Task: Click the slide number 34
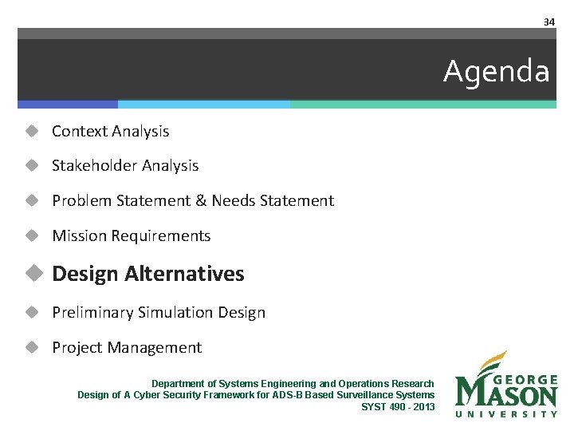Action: pos(548,22)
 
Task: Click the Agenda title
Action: pos(496,72)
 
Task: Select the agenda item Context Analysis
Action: pos(110,131)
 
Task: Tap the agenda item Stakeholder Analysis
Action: pos(125,166)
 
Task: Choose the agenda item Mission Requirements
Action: pos(131,236)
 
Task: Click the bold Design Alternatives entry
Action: pos(147,274)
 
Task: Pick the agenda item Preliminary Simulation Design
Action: pos(158,313)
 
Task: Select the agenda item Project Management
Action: pos(126,348)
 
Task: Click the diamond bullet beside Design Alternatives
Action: pos(32,274)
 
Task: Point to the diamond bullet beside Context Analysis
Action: pos(32,131)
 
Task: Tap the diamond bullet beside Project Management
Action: pos(32,348)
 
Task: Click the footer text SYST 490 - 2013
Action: pos(398,407)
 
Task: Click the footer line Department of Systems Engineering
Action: pos(293,384)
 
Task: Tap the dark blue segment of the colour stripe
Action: pos(68,105)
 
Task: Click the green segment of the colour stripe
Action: pos(423,105)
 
